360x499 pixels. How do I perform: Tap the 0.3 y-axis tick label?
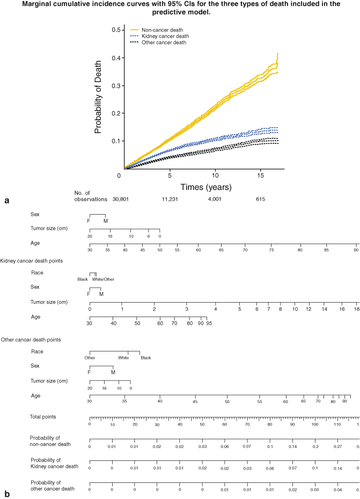pyautogui.click(x=115, y=85)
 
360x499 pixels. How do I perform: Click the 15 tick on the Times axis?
pyautogui.click(x=261, y=175)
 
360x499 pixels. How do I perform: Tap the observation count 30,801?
pyautogui.click(x=120, y=199)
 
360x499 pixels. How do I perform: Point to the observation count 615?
pyautogui.click(x=261, y=199)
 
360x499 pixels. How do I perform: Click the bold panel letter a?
pyautogui.click(x=6, y=201)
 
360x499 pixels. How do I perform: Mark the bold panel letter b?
pyautogui.click(x=6, y=494)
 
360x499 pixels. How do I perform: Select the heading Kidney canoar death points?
pyautogui.click(x=32, y=260)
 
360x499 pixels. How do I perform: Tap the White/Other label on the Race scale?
pyautogui.click(x=103, y=279)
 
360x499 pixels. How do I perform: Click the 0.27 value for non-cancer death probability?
pyautogui.click(x=338, y=446)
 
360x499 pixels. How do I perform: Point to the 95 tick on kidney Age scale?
pyautogui.click(x=208, y=324)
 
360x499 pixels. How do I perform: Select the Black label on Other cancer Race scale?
pyautogui.click(x=146, y=357)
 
